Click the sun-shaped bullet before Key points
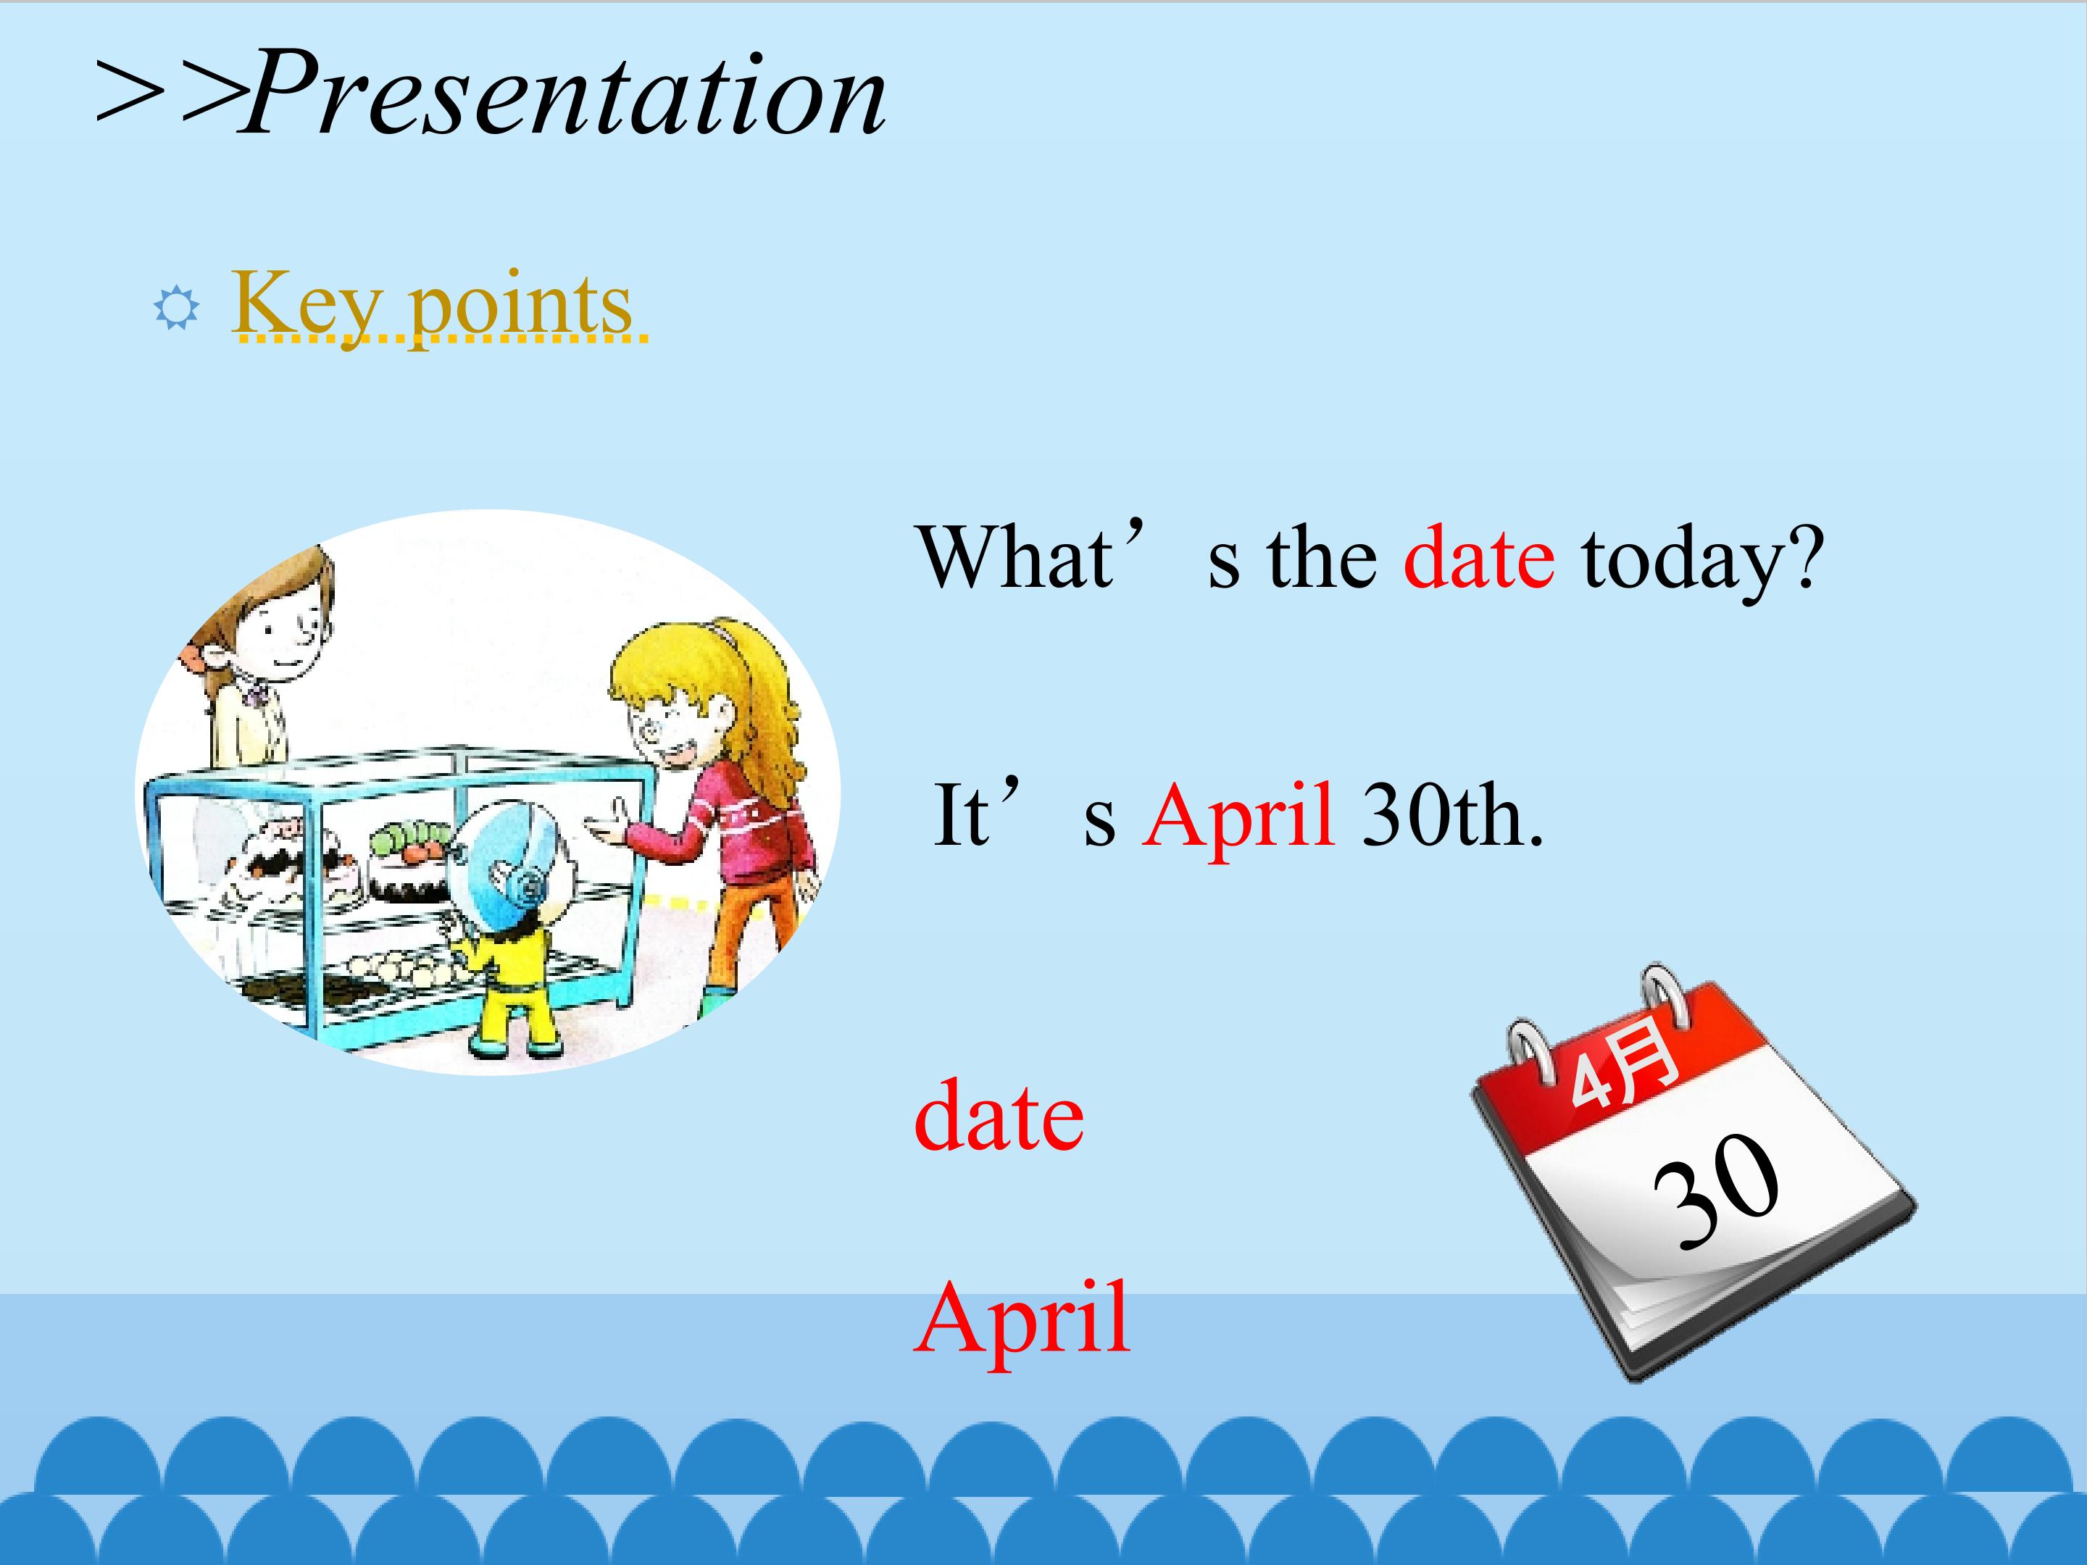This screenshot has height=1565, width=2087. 176,309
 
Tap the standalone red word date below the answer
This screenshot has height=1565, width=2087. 999,1116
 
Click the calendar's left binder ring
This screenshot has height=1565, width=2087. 1530,1049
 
